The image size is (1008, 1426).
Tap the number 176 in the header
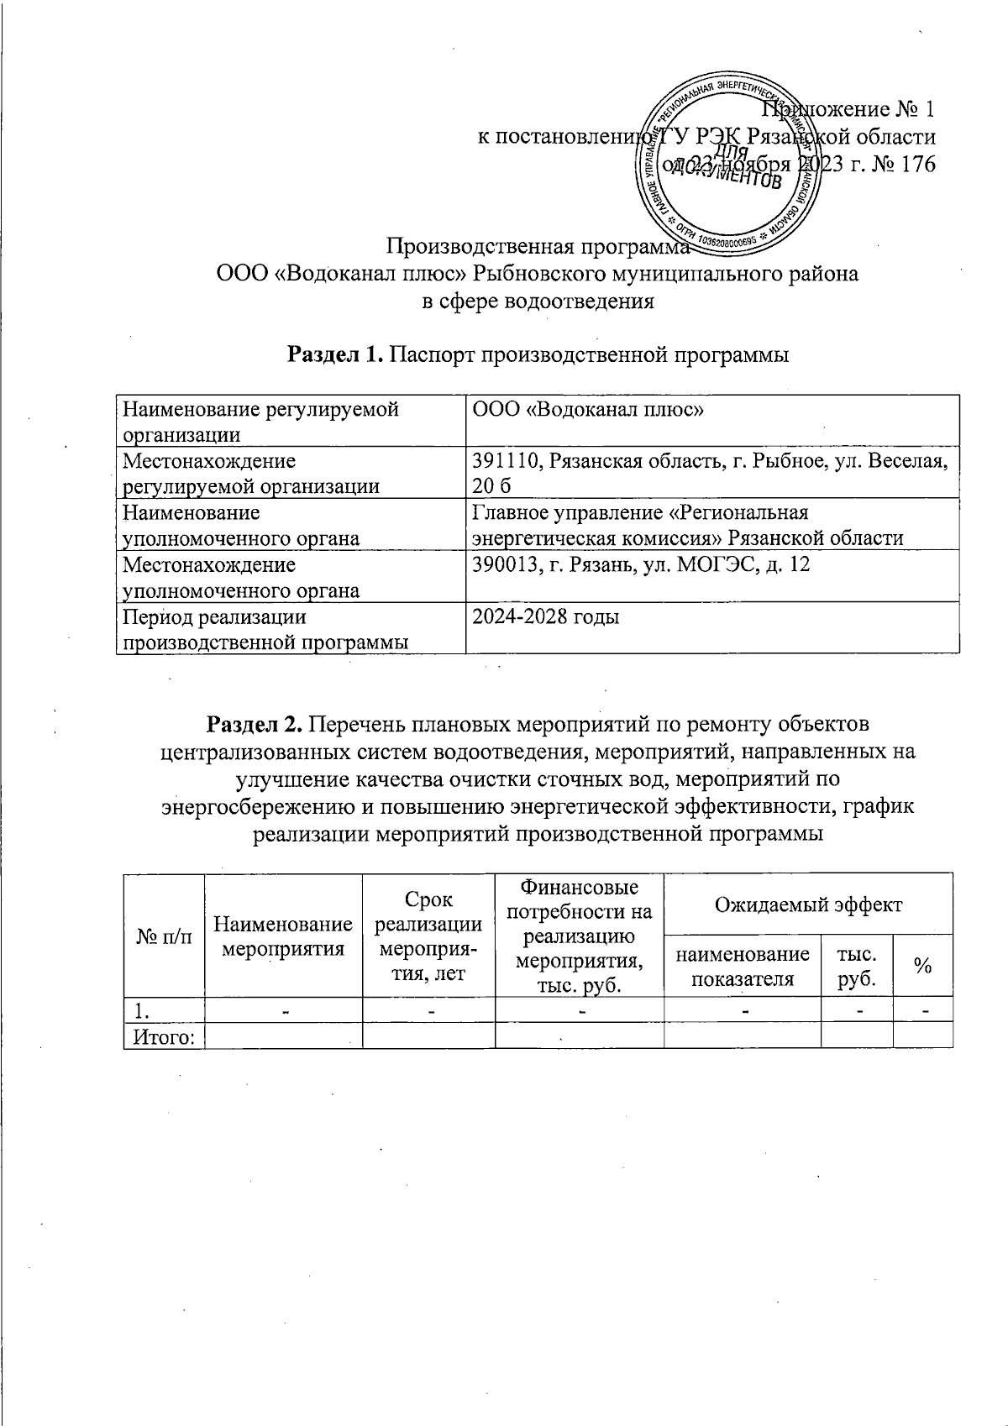(x=917, y=165)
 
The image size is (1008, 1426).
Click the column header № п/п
(x=164, y=936)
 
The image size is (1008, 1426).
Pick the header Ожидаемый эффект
(x=807, y=904)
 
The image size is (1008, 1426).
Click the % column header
(x=922, y=967)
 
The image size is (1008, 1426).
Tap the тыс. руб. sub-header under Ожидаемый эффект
(x=856, y=967)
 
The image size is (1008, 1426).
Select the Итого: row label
(x=165, y=1037)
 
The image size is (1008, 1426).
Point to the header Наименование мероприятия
(x=283, y=936)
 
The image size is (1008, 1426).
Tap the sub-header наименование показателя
(x=742, y=967)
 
